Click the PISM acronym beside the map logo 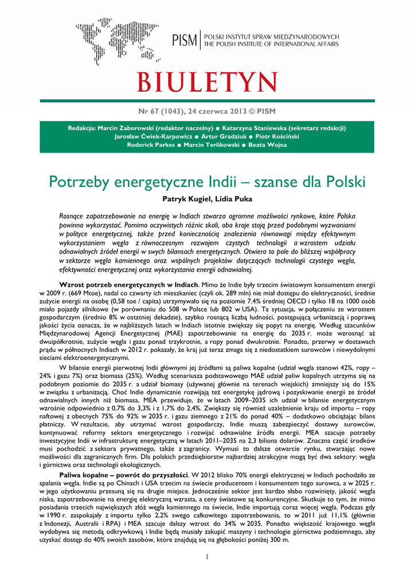[x=185, y=41]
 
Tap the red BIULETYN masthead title [x=207, y=83]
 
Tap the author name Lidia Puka [x=233, y=199]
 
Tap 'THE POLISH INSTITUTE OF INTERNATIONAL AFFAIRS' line [x=271, y=44]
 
